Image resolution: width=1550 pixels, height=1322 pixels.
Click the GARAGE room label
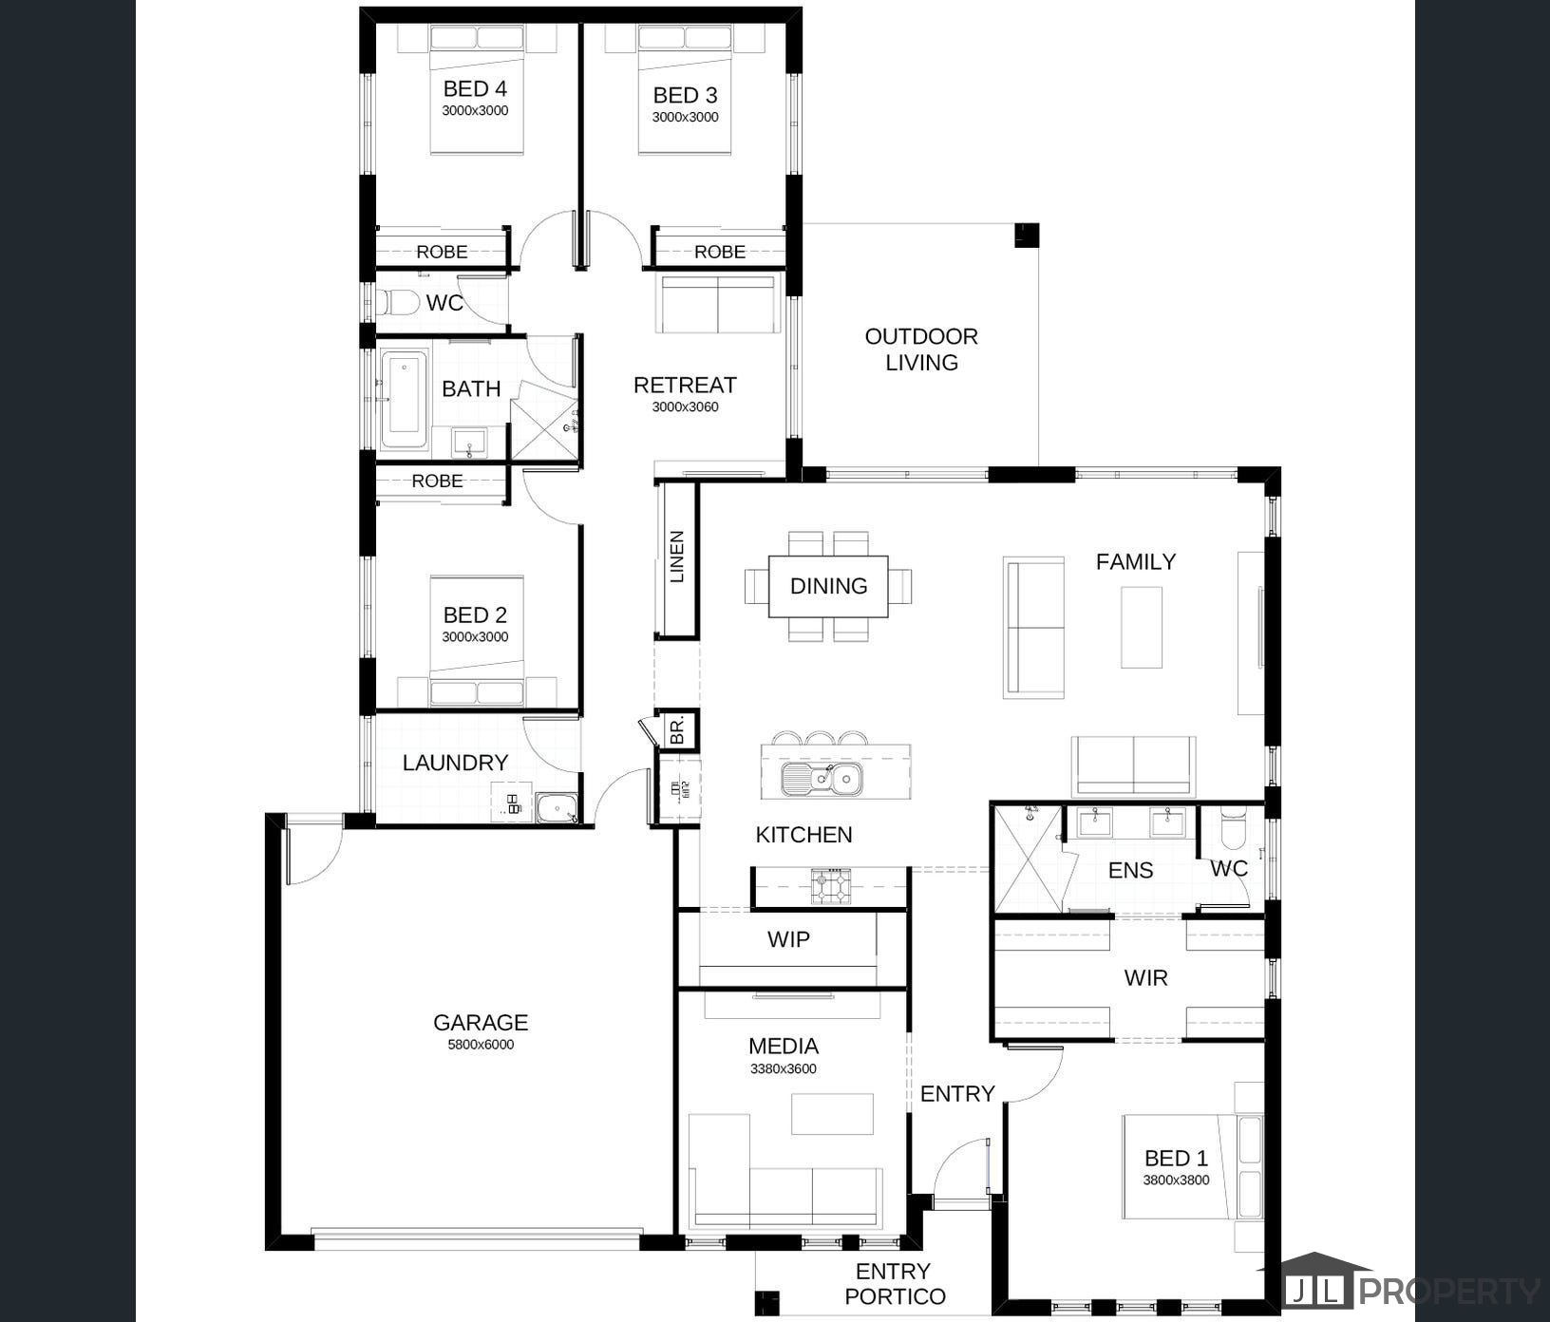[x=481, y=1023]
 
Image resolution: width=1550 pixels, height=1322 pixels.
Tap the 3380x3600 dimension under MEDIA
[x=784, y=1068]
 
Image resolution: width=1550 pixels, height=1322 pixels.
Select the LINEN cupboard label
[x=677, y=557]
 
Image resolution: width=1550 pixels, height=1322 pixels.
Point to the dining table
[x=828, y=586]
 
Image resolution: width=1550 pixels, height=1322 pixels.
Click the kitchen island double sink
[x=822, y=780]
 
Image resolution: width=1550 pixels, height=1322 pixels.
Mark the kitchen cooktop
[x=832, y=885]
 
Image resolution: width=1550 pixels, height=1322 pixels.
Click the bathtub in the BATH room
[x=405, y=400]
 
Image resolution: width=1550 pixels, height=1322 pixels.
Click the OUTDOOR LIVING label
[x=921, y=349]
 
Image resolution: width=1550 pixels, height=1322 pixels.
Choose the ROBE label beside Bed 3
[x=720, y=252]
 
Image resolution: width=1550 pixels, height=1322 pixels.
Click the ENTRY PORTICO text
[x=895, y=1284]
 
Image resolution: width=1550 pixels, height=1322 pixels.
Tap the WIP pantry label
[x=789, y=939]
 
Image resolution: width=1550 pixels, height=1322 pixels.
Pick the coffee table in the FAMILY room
[x=1142, y=627]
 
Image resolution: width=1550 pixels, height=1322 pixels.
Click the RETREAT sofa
[x=718, y=305]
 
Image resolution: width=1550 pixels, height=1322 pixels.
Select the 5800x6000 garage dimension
[x=481, y=1045]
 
